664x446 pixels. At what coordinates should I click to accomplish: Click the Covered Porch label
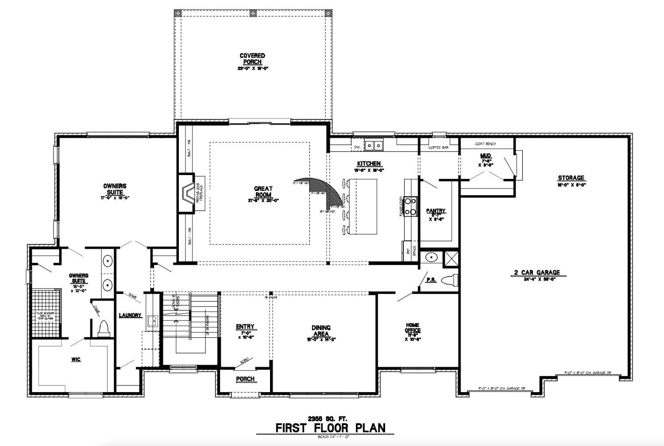point(252,59)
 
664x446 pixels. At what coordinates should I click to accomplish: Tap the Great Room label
point(263,192)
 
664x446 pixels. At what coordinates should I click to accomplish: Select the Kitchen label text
point(368,164)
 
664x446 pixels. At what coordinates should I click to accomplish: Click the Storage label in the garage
point(571,178)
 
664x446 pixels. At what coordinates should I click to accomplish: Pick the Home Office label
point(412,328)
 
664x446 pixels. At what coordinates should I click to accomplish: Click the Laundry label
point(130,316)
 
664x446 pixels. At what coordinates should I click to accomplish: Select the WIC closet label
point(76,360)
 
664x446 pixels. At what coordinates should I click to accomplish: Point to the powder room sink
point(431,257)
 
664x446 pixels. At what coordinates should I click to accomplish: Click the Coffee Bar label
point(438,148)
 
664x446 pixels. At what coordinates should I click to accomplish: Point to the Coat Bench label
point(485,144)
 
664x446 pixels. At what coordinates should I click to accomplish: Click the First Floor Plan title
point(330,428)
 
